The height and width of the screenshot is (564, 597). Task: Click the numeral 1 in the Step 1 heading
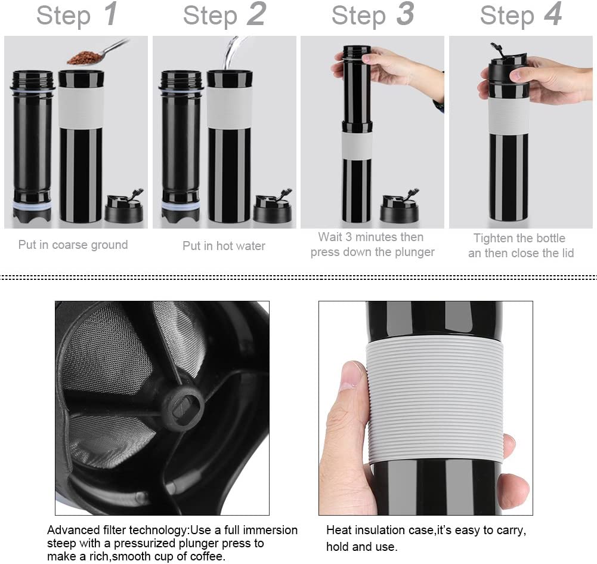pyautogui.click(x=110, y=15)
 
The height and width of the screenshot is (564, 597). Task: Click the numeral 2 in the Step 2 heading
pyautogui.click(x=256, y=15)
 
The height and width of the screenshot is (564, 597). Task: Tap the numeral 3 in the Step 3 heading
pyautogui.click(x=404, y=15)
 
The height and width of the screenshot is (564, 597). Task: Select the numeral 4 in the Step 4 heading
pyautogui.click(x=552, y=15)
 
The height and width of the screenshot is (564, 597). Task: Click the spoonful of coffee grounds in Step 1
pyautogui.click(x=83, y=57)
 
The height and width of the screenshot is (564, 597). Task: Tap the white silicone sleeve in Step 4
pyautogui.click(x=508, y=116)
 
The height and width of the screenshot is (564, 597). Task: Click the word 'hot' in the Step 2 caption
pyautogui.click(x=222, y=246)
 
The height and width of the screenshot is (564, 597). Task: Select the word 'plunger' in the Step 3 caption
pyautogui.click(x=415, y=252)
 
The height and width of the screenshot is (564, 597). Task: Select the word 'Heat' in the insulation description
pyautogui.click(x=338, y=530)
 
